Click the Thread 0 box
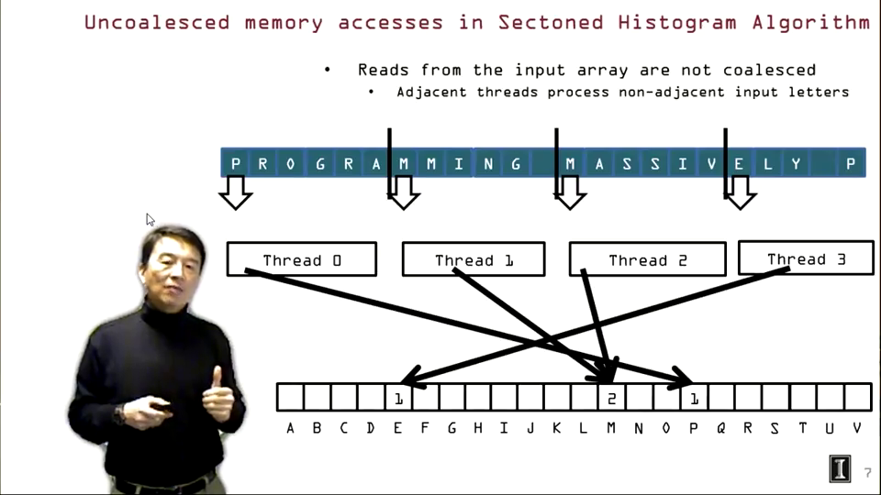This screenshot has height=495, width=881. point(301,259)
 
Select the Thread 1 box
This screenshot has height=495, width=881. point(474,259)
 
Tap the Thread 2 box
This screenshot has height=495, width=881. point(647,259)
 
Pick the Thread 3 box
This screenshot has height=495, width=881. point(805,258)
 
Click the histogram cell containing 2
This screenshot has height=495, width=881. point(610,398)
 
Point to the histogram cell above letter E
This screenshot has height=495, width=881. point(397,398)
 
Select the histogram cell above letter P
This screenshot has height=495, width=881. point(694,398)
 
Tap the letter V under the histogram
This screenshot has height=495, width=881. point(857,428)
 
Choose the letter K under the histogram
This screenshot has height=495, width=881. point(557,428)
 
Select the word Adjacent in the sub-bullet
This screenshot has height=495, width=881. point(432,92)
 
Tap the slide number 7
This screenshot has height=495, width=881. point(868,473)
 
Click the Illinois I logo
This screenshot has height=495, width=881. point(840,468)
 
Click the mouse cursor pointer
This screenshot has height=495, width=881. point(150,219)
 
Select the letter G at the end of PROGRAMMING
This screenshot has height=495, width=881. point(516,164)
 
